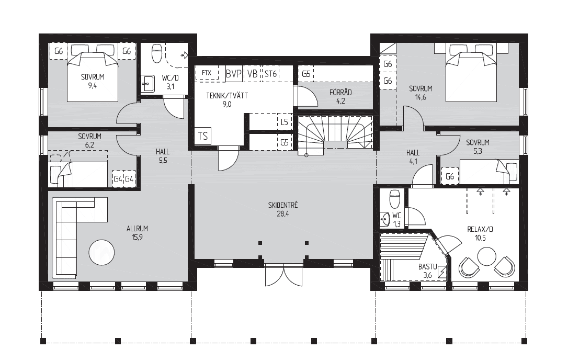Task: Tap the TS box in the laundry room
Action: click(x=203, y=136)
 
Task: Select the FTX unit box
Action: click(x=207, y=73)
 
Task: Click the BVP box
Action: click(x=234, y=74)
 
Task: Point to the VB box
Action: click(x=252, y=74)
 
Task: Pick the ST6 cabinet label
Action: click(x=270, y=74)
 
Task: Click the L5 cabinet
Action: click(x=285, y=122)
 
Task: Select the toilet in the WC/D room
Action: click(x=156, y=54)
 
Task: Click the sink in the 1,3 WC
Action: click(x=386, y=219)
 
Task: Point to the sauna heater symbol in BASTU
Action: click(x=442, y=272)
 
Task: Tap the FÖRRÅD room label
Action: click(x=340, y=93)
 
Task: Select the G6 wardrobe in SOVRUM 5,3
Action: click(x=450, y=176)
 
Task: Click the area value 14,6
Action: click(x=420, y=97)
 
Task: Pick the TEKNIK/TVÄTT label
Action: click(x=227, y=95)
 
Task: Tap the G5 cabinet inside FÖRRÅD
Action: click(x=306, y=74)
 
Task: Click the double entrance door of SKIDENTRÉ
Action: click(x=283, y=275)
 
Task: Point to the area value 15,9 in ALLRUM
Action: click(x=137, y=238)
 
